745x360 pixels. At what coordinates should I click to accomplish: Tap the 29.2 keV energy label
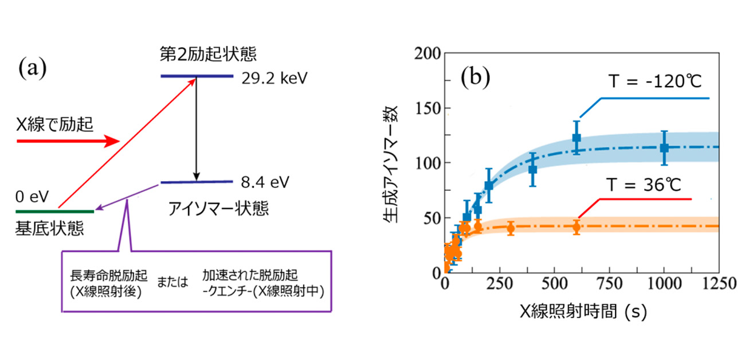[x=276, y=77]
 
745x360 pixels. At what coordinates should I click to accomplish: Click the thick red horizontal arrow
[x=68, y=140]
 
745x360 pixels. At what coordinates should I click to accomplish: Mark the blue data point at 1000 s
[x=664, y=147]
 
